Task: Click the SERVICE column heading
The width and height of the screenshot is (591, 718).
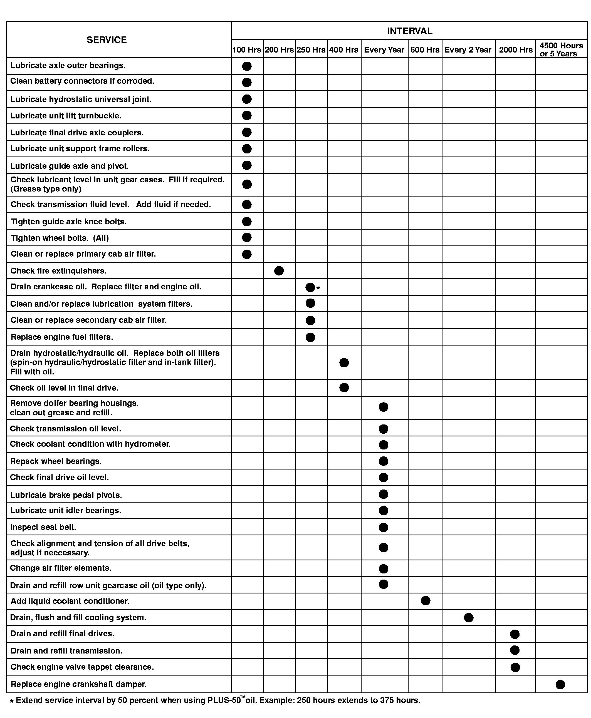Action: tap(107, 40)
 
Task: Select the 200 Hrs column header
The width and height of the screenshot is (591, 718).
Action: tap(279, 50)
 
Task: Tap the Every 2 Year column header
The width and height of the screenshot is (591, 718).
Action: tap(468, 50)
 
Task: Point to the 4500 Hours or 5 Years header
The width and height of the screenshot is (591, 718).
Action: tap(561, 50)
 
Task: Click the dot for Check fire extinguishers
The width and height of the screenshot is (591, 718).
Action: tap(279, 271)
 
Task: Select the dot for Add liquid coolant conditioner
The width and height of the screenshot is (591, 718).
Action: tap(426, 601)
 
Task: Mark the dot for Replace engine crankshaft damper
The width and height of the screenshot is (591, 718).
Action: tap(560, 684)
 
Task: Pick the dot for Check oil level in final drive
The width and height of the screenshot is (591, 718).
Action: tap(344, 387)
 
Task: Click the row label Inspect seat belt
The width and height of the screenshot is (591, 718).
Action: tap(43, 527)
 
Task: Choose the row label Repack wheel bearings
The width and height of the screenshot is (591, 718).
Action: tap(56, 461)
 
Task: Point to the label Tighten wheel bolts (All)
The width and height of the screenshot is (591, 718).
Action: tap(60, 238)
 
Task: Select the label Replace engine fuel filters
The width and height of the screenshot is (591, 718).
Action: tap(62, 337)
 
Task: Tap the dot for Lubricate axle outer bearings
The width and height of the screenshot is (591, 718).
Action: tap(247, 66)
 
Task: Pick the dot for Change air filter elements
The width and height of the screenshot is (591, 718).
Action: tap(383, 569)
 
